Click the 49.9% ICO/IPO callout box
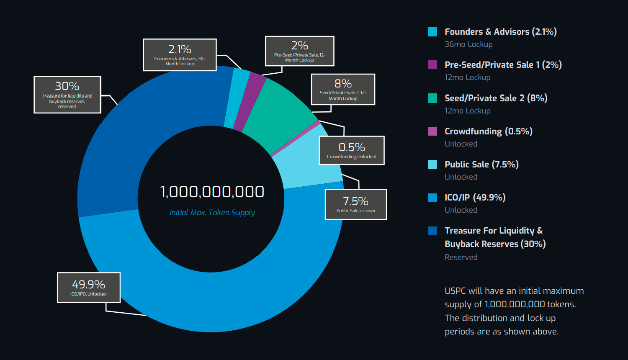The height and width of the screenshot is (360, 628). pos(89,288)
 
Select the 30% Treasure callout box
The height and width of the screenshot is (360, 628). pos(67,95)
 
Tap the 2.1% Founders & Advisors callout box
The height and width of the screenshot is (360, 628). pos(180,55)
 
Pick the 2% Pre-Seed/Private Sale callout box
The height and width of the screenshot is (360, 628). pos(300,51)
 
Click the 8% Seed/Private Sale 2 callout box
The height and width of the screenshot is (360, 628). pos(343,89)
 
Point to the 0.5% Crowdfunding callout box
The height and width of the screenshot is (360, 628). pos(352,150)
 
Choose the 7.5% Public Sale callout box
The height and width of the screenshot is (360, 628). pos(356,204)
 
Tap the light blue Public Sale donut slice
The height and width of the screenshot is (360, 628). pos(310,163)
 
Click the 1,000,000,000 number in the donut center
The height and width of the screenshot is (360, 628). pos(212,192)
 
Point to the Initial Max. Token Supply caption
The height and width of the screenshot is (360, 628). pos(212,213)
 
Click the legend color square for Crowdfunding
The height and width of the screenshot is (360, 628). pos(433,131)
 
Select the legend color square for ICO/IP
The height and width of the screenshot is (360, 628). pos(433,198)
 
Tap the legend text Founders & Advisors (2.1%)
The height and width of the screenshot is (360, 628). pos(500,32)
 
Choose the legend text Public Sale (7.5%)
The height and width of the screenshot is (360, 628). pos(481,165)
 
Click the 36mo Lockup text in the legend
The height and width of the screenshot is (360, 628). pos(468,44)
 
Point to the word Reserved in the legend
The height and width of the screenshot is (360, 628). pos(461,257)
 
